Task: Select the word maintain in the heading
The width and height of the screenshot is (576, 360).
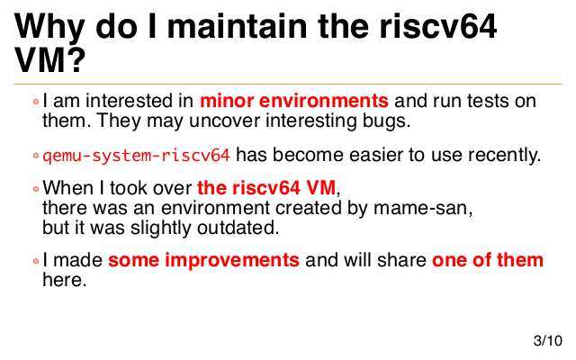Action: coord(237,26)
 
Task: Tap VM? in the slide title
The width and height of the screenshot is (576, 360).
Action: coord(50,60)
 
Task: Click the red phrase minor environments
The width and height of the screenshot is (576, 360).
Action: coord(294,101)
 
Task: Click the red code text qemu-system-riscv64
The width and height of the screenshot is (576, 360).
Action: coord(136,156)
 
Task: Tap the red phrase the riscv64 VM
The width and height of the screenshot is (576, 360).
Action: coord(266,188)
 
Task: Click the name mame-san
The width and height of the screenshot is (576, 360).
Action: coord(423,208)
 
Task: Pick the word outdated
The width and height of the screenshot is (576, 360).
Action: coord(238,228)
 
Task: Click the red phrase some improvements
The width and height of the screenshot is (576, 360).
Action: coord(203,260)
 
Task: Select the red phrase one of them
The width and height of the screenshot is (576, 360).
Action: coord(488,260)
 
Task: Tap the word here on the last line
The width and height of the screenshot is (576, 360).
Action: coord(64,280)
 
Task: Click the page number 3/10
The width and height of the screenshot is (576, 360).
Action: coord(548,340)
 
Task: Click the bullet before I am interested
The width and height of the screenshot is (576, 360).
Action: coord(36,102)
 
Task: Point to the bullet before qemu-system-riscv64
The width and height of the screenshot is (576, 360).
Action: coord(36,156)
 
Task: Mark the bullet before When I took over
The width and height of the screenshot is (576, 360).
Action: coord(36,189)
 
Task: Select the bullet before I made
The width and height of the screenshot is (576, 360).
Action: coord(36,261)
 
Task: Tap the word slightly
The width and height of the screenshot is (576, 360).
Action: coord(161,228)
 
